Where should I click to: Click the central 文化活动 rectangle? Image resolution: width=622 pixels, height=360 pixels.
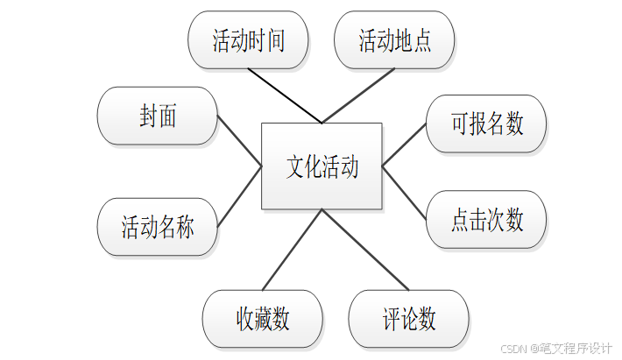[322, 166]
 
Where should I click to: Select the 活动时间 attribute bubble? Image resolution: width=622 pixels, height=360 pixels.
[248, 40]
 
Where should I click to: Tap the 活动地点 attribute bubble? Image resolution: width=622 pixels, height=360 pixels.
[394, 40]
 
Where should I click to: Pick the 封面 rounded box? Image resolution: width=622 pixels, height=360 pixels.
[158, 116]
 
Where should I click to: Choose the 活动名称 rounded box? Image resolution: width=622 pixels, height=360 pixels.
[158, 227]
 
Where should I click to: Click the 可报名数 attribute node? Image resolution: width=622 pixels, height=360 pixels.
[486, 124]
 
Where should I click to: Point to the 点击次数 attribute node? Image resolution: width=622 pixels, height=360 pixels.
[486, 219]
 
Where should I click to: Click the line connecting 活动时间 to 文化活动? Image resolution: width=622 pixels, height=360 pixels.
[286, 96]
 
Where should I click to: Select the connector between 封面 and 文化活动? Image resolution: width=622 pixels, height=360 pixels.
[239, 141]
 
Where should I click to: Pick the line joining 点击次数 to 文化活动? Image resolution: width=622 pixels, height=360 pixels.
[404, 191]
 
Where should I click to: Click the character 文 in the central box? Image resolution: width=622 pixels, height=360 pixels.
[295, 166]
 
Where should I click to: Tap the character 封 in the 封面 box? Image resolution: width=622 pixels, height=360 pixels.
[148, 116]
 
